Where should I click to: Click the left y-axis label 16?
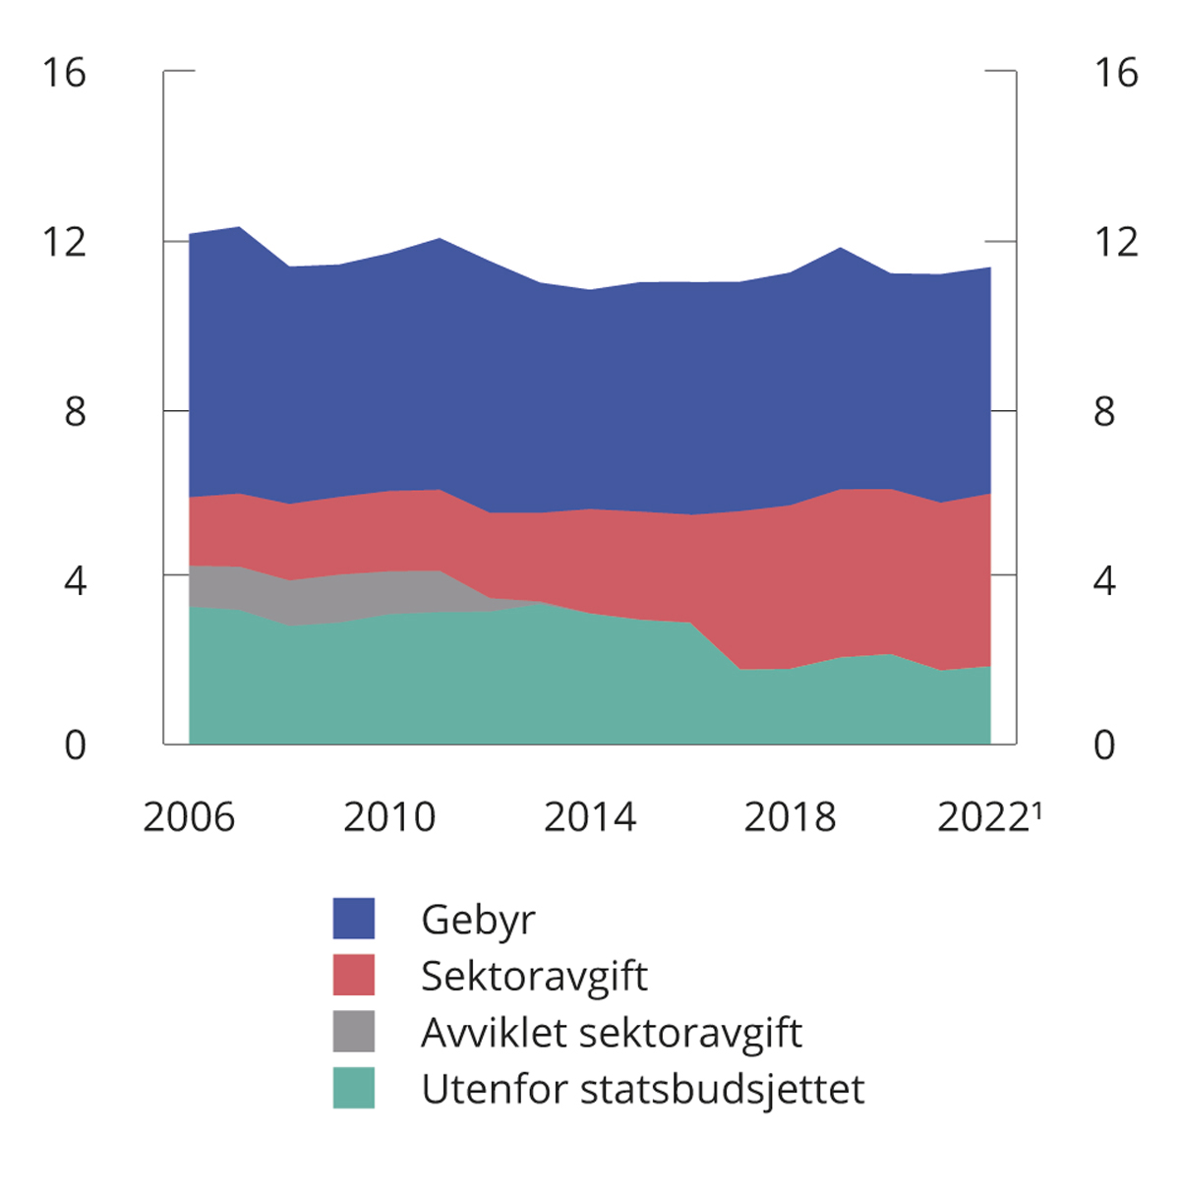point(64,73)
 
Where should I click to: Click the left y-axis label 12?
point(64,242)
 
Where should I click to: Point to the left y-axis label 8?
point(75,411)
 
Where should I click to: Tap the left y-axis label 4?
point(75,580)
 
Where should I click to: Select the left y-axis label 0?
point(75,746)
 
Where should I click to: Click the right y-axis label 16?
point(1116,73)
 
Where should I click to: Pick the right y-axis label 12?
point(1116,242)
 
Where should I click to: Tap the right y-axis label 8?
point(1104,411)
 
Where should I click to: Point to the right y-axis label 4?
point(1104,580)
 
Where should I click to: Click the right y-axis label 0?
point(1104,746)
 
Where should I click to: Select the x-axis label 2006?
point(189,817)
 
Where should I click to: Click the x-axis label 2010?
point(389,817)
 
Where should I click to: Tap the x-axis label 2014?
point(590,817)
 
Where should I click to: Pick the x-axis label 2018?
point(790,817)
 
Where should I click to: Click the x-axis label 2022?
point(984,817)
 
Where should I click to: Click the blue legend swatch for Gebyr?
point(354,919)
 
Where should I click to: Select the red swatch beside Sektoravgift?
point(354,975)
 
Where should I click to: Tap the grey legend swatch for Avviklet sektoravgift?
point(354,1032)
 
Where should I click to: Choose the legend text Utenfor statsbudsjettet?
point(642,1089)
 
